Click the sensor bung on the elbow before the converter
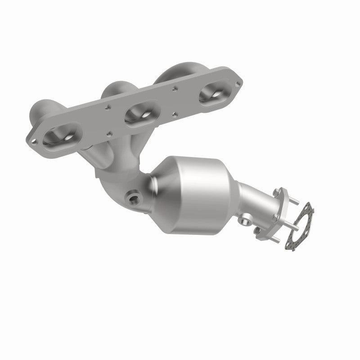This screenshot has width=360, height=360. coord(132,197)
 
